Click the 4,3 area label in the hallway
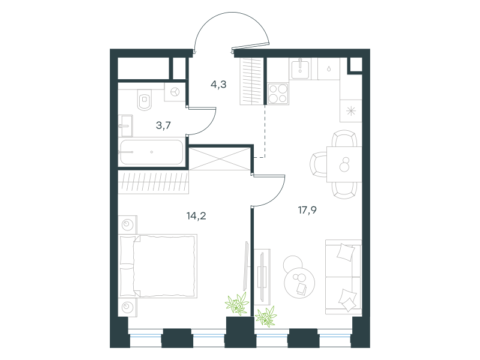coord(218,84)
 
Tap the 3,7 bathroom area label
coord(163,125)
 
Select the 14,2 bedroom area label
coord(196,216)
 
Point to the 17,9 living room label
coord(307,210)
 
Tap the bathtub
coord(152,152)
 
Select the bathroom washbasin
coord(125,125)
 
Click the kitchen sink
coord(300,69)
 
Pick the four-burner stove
coord(278,94)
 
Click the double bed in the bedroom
coord(158,266)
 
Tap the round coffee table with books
coord(299,282)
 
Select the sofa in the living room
coord(343,277)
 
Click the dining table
coord(344,164)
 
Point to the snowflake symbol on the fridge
coord(351,111)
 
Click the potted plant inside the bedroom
coord(237,304)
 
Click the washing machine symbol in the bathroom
coord(175,92)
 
